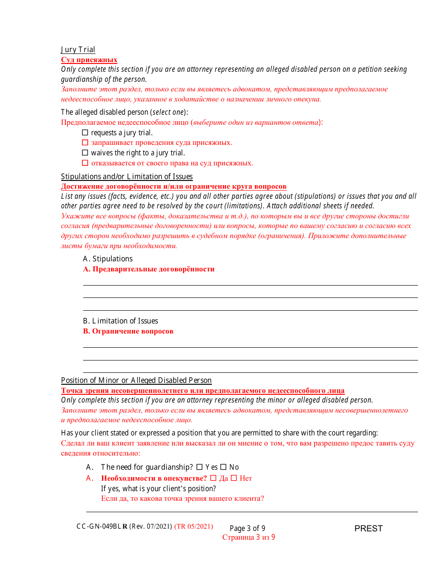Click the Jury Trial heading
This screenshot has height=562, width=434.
[x=78, y=50]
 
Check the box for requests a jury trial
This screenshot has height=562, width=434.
[x=85, y=133]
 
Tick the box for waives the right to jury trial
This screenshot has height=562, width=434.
[x=85, y=153]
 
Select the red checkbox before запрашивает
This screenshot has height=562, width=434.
[x=85, y=143]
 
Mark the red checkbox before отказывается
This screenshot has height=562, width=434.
[x=85, y=163]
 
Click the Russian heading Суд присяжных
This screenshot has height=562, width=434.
[x=89, y=60]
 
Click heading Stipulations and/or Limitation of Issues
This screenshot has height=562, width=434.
[x=127, y=176]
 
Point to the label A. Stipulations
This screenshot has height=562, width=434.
[x=108, y=259]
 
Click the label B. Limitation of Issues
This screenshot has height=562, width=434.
[x=121, y=321]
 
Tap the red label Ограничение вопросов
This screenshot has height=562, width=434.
[x=128, y=331]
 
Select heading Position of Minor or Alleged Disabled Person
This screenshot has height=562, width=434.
[x=136, y=380]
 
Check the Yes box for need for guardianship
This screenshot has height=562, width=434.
[x=199, y=467]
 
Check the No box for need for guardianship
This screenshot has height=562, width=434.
[x=223, y=467]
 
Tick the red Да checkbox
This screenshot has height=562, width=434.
[x=213, y=478]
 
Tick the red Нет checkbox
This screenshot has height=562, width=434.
[x=234, y=478]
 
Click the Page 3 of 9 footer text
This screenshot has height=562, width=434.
[x=247, y=528]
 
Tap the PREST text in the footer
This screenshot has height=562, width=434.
[x=368, y=529]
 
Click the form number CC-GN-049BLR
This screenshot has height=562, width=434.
[x=102, y=526]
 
